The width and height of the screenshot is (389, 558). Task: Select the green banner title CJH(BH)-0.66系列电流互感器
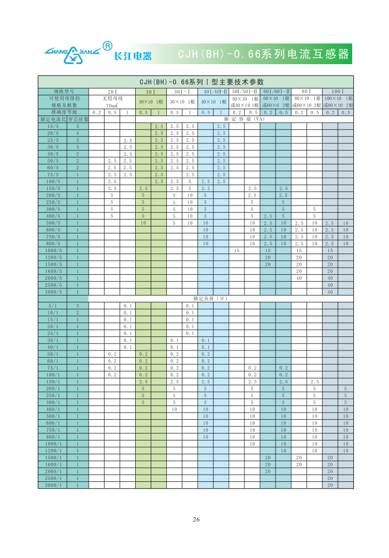263,54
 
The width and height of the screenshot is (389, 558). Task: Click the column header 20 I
112,92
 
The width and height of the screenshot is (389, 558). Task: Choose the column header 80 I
307,92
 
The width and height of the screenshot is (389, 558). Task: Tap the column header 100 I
338,92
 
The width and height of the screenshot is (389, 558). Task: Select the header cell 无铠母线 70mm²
112,101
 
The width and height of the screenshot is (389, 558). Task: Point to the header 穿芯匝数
78,119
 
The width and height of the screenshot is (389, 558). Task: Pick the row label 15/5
53,126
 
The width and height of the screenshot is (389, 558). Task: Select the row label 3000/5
53,292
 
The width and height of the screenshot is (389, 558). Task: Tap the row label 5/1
53,306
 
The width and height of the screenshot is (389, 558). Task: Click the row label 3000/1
53,485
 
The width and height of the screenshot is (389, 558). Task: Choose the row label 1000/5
53,251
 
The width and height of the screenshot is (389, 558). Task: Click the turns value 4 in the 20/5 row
78,133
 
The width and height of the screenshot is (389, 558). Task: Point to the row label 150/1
53,381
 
